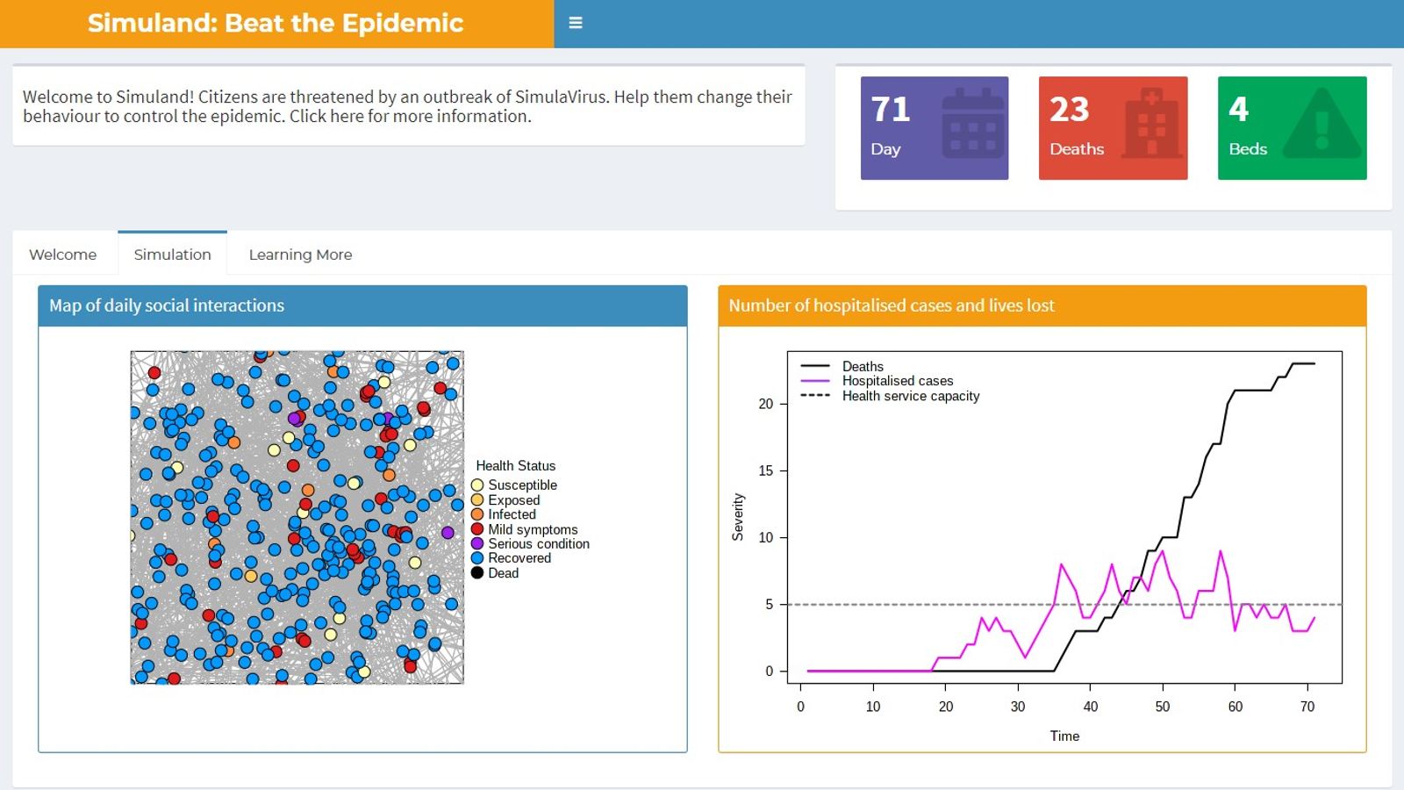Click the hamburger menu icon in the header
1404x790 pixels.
coord(576,23)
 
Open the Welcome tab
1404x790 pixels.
coord(63,255)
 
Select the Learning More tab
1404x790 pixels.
coord(300,255)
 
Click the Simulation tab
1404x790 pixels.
coord(173,255)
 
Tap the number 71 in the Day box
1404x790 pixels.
coord(891,110)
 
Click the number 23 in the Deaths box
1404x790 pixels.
coord(1069,110)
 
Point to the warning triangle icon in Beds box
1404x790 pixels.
coord(1322,126)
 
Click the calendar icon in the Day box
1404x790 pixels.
coord(972,125)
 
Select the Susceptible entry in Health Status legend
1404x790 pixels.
coord(522,485)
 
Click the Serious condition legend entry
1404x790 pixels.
coord(538,544)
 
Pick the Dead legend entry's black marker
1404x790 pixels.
coord(477,573)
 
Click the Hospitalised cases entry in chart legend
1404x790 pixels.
coord(897,381)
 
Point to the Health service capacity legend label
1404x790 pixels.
coord(910,396)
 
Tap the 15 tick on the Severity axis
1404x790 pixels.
coord(766,470)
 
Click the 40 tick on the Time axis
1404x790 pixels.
coord(1090,707)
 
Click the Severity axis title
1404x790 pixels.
coord(738,517)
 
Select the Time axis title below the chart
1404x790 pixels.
coord(1064,736)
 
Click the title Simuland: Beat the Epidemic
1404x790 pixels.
coord(275,23)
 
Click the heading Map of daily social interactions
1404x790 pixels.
coord(167,305)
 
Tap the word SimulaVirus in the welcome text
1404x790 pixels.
coord(561,97)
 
